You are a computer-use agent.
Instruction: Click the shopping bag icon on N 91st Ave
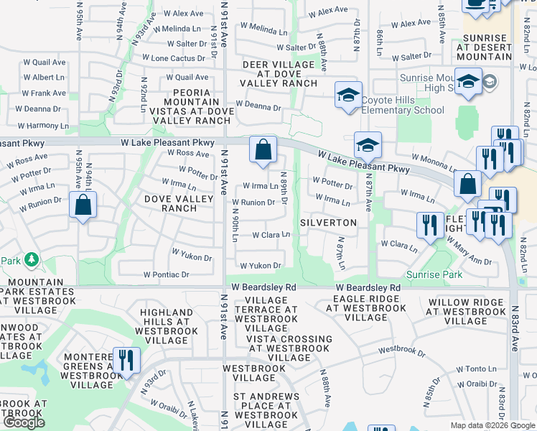click(263, 149)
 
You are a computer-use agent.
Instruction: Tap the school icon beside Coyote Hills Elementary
click(348, 95)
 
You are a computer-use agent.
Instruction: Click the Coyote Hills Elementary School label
click(402, 105)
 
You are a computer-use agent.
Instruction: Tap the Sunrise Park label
click(434, 274)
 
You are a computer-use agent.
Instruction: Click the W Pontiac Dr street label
click(166, 274)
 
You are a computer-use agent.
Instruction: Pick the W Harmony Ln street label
click(45, 126)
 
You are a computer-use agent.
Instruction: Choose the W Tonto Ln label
click(475, 369)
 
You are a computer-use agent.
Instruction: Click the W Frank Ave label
click(43, 93)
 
